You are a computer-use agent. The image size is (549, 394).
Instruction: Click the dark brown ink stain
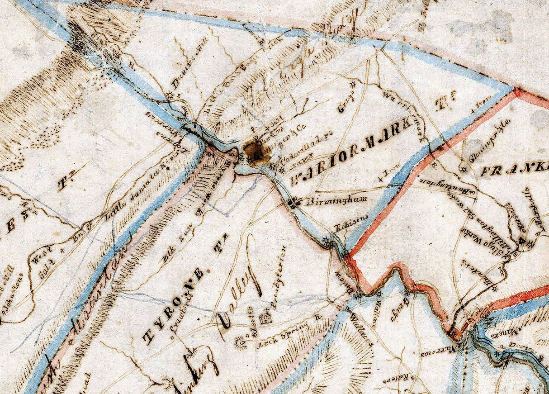tap(256, 151)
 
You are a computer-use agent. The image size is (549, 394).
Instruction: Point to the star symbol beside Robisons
tap(327, 240)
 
